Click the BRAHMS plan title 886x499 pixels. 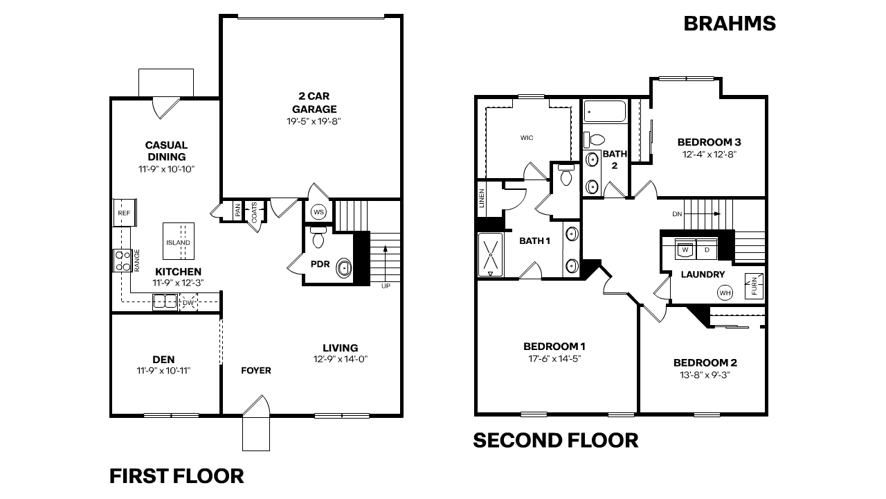coord(729,24)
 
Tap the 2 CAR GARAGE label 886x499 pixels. coord(314,103)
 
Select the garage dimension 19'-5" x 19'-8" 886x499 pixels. coord(314,121)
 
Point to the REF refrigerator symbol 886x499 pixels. coord(125,213)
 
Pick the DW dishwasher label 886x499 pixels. coord(188,303)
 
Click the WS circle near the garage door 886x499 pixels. coord(318,211)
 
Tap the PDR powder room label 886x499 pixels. coord(319,264)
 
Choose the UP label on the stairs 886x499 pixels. coord(385,285)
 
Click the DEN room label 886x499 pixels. coord(163,359)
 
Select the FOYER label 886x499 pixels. coord(256,371)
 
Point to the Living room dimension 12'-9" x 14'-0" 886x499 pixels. coord(341,359)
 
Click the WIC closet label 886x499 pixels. coord(527,138)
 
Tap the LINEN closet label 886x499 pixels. coord(482,198)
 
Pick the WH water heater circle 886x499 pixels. coord(725,292)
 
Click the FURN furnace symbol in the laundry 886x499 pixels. coord(754,286)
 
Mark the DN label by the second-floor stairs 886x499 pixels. coord(677,214)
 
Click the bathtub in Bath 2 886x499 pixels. coord(604,112)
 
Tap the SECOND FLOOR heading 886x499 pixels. coord(555,440)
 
